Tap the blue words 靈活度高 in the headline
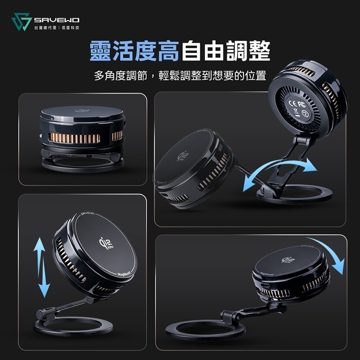click(134, 51)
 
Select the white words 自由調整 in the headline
click(225, 51)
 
